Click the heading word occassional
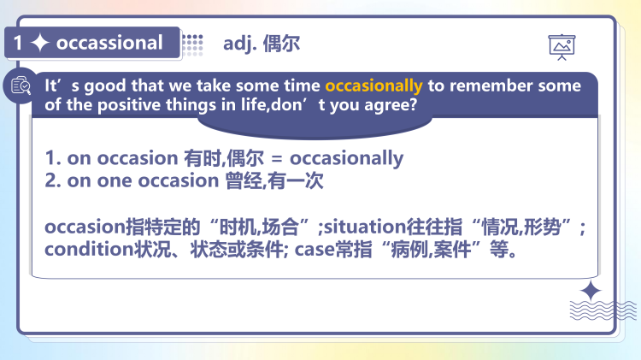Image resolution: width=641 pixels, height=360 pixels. click(109, 43)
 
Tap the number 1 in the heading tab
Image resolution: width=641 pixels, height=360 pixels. click(18, 43)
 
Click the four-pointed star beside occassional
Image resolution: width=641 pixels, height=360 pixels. click(40, 43)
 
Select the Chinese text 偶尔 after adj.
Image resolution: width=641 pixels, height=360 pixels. click(283, 43)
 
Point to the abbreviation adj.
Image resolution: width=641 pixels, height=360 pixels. click(241, 43)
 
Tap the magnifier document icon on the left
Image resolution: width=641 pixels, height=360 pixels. click(20, 86)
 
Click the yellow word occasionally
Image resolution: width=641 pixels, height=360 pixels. click(373, 86)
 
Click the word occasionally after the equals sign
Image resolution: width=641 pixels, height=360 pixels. click(346, 158)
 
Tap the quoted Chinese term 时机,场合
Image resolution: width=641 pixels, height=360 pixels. click(262, 228)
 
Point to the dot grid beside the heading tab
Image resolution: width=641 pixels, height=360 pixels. click(192, 43)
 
